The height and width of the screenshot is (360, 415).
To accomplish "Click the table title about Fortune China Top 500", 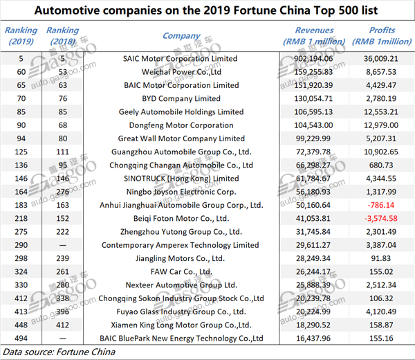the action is point(206,10).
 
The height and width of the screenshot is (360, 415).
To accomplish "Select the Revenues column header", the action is point(314,36).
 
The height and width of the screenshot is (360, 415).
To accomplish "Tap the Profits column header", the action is point(382,36).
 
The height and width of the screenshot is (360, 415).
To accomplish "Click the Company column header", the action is point(181,36).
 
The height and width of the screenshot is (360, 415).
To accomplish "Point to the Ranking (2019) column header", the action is point(21,36).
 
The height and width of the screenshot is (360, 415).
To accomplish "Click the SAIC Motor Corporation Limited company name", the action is point(180,59).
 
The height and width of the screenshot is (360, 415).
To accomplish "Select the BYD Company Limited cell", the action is point(181,98).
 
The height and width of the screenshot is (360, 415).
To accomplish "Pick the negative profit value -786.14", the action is point(381,205).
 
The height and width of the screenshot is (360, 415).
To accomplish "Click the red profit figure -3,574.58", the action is point(381,219).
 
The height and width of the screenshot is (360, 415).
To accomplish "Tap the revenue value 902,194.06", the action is point(313,59).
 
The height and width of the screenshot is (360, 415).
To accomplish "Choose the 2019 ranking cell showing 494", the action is point(21,339).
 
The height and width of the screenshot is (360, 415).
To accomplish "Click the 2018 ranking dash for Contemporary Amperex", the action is point(63,245).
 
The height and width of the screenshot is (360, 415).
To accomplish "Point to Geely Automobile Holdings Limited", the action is point(181,111).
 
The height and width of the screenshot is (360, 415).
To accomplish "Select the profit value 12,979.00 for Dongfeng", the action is point(381,125).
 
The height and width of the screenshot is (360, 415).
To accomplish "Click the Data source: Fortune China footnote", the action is point(59,352).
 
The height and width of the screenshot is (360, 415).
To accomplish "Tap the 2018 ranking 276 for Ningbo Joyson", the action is point(63,192).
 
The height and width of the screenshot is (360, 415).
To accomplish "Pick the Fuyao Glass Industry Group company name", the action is point(181,312).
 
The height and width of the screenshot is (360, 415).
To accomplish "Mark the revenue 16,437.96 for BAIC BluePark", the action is point(313,339).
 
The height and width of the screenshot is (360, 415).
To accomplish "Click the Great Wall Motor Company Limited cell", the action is point(181,138).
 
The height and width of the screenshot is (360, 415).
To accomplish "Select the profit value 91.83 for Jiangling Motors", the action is point(381,258).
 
